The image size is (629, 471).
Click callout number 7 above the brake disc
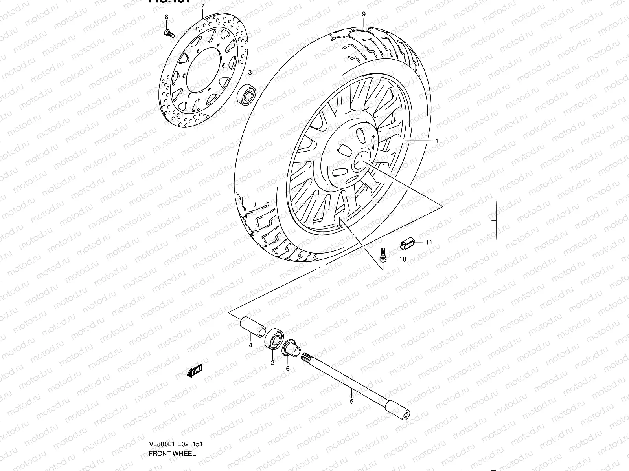pos(202,7)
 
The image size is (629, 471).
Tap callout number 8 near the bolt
pos(166,17)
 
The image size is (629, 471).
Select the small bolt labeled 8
pos(169,33)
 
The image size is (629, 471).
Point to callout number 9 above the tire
pos(364,14)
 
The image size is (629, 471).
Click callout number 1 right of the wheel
pos(436,141)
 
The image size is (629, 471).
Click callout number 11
pos(429,242)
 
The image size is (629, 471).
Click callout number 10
pos(403,259)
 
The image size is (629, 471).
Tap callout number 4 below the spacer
pos(250,345)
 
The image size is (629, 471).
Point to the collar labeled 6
pos(291,347)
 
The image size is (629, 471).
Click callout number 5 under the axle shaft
pos(351,401)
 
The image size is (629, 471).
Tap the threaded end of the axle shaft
pos(307,357)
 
